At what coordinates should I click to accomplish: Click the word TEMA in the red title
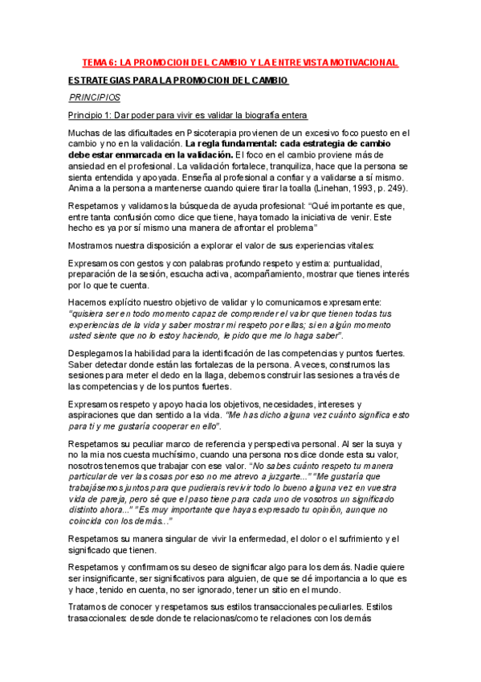tap(96, 63)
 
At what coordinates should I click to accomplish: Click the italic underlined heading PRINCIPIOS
tap(94, 97)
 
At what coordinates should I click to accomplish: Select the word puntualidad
tap(378, 263)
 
